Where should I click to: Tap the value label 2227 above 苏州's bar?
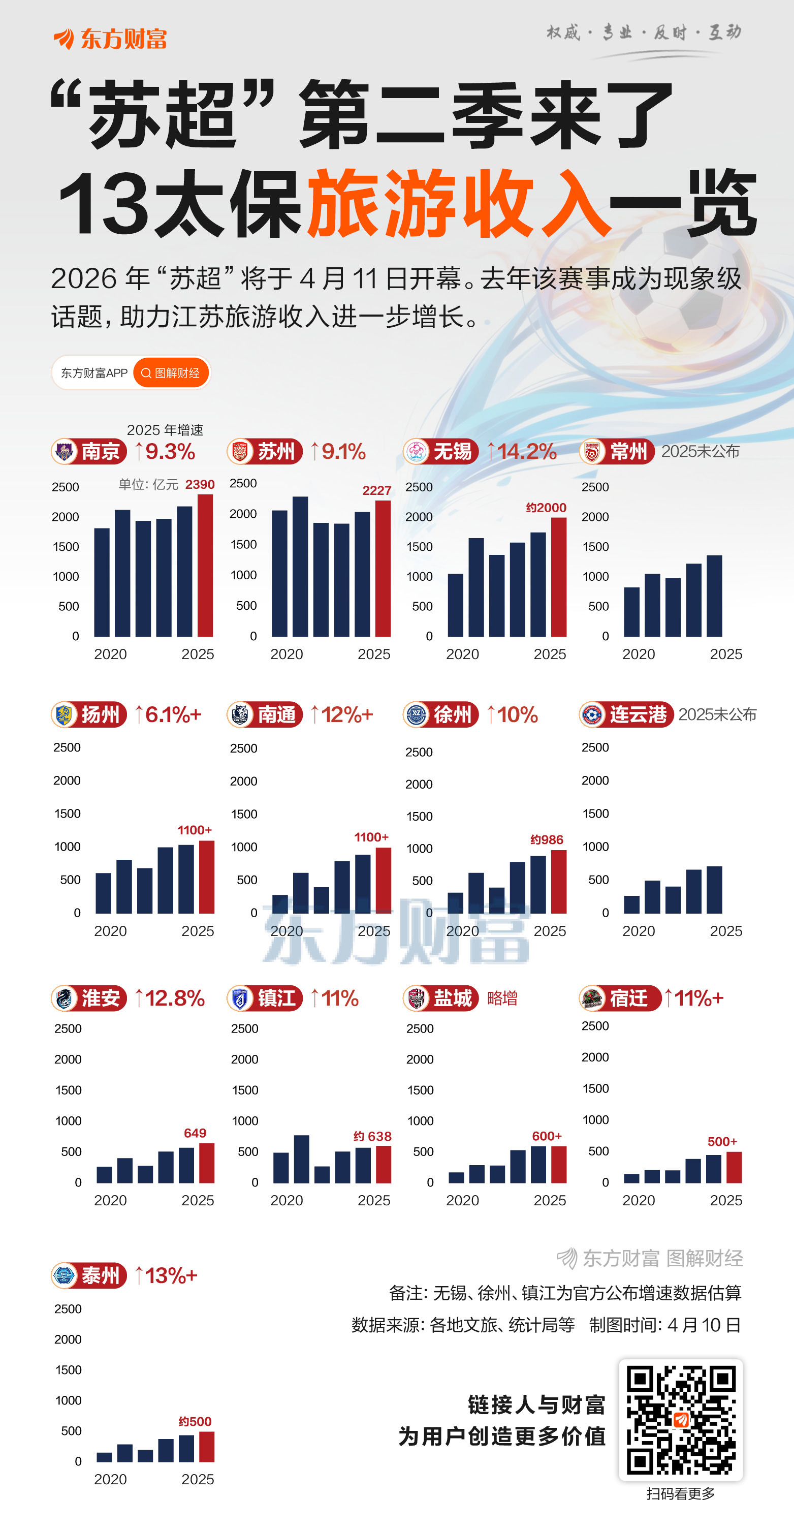click(x=376, y=490)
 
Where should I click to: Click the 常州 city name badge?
click(x=617, y=451)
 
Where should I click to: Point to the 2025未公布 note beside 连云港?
click(x=717, y=714)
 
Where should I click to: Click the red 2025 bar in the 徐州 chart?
click(x=558, y=882)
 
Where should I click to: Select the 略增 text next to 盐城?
click(x=502, y=998)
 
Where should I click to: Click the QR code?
click(x=681, y=1420)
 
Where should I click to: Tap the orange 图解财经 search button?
click(x=171, y=373)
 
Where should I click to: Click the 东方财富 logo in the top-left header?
click(x=110, y=39)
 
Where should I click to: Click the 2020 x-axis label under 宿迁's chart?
click(x=639, y=1200)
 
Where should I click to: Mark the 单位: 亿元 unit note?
click(x=148, y=485)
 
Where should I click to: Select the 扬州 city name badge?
click(x=89, y=714)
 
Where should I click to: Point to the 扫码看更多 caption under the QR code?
click(x=681, y=1494)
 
